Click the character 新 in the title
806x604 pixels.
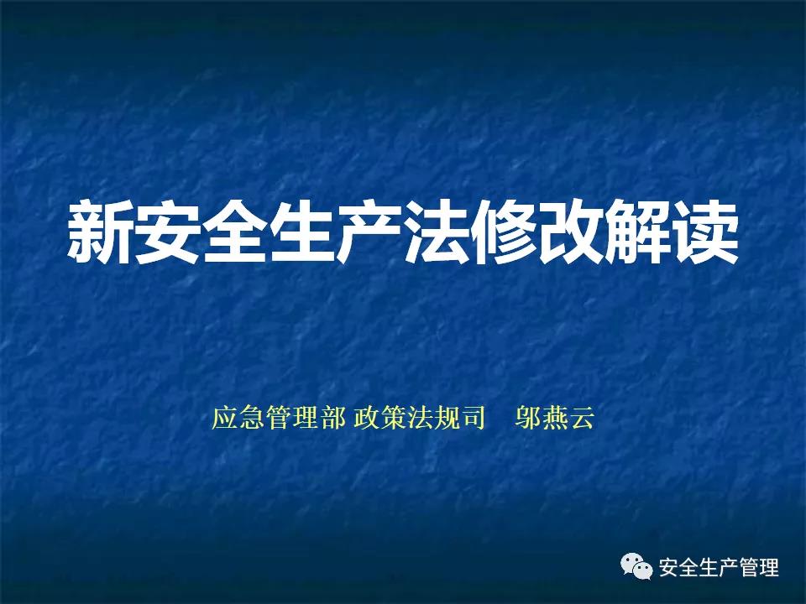click(99, 232)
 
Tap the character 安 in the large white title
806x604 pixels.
click(166, 232)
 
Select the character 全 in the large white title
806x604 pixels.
click(234, 232)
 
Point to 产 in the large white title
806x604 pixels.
click(369, 232)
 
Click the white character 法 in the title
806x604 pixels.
click(436, 232)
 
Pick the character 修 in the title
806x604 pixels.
click(503, 232)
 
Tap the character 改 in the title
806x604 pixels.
click(571, 232)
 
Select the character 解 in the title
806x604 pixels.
click(638, 232)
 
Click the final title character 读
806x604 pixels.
click(705, 232)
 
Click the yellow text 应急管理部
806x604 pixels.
click(279, 418)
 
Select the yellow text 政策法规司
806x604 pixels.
click(420, 418)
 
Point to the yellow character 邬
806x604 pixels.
click(528, 418)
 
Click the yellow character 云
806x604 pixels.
click(581, 418)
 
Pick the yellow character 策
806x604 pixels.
click(393, 418)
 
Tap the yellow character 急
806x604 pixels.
click(252, 418)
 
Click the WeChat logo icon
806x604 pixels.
click(637, 566)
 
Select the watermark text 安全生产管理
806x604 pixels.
click(719, 568)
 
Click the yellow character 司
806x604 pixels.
click(473, 418)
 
